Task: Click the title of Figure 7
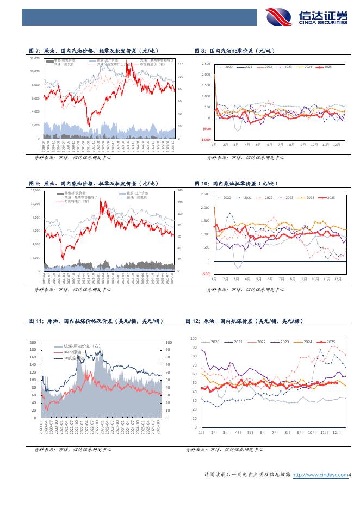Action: coord(89,51)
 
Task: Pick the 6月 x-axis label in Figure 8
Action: coord(269,145)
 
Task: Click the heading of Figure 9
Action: coord(89,184)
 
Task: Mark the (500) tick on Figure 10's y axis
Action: coord(206,274)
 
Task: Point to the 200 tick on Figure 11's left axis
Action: coord(33,343)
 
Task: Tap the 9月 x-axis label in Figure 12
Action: coord(299,432)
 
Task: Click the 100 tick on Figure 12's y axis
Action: coord(194,338)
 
